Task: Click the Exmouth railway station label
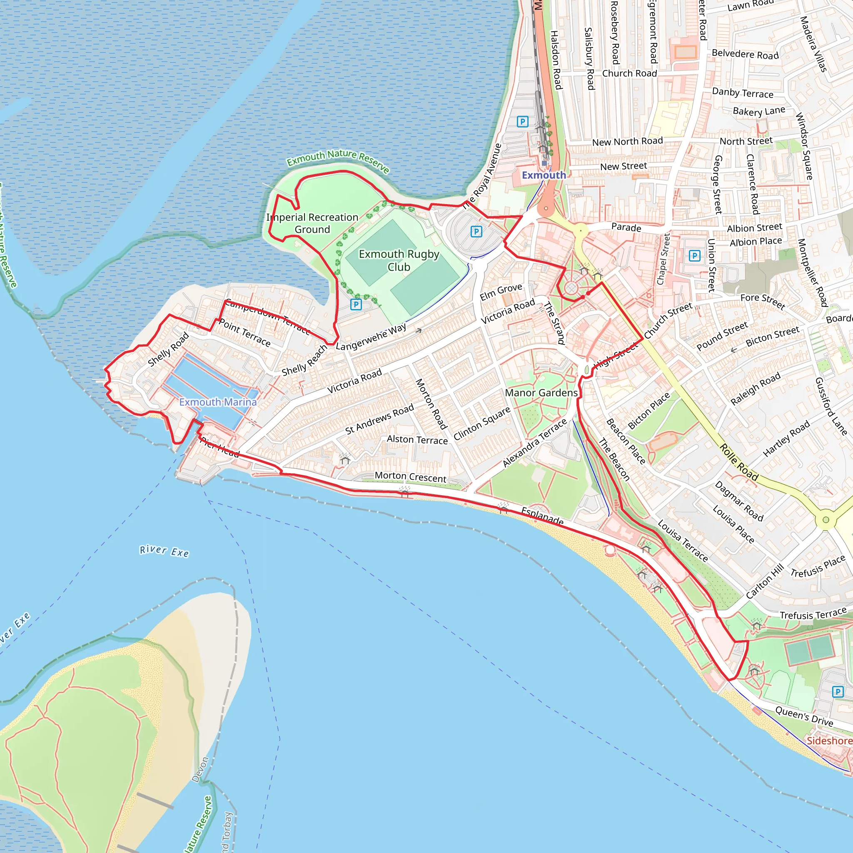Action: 544,175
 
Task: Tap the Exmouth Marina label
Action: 218,402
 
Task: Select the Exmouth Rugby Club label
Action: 399,260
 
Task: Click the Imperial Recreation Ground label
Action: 312,223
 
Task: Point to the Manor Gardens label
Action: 541,392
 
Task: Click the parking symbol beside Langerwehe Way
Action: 356,304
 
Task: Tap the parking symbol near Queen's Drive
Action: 838,692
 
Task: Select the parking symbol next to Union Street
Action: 694,256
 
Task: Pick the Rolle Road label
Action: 738,462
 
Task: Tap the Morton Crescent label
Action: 410,477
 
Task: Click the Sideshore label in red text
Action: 829,741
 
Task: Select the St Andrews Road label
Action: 379,419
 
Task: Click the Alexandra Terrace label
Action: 535,443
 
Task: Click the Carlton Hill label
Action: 765,581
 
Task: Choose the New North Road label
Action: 627,142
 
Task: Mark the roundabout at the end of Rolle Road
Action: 826,520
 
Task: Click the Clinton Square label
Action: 482,423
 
